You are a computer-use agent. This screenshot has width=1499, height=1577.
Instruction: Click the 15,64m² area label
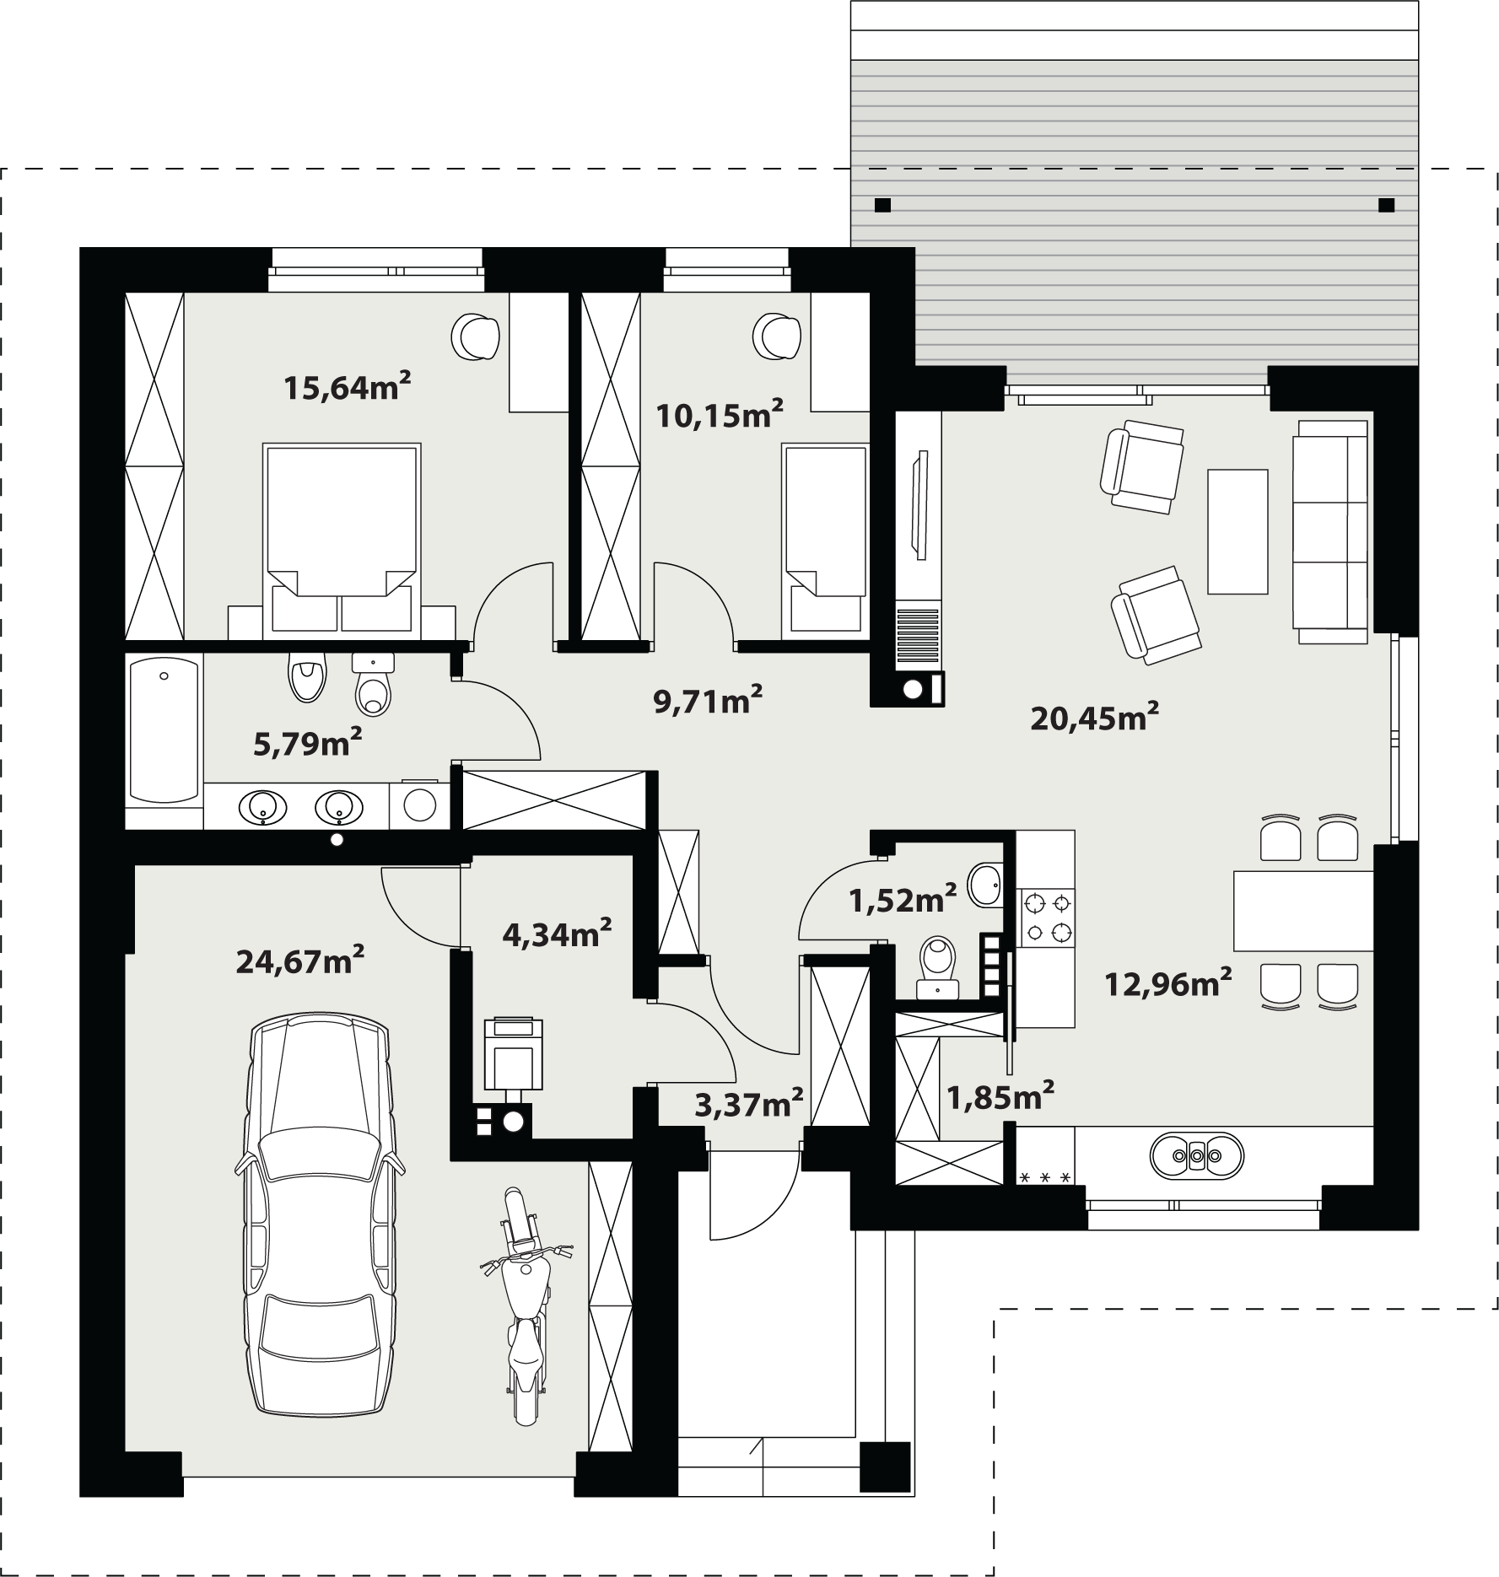pos(348,387)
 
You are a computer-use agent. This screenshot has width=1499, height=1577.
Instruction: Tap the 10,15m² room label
pos(720,415)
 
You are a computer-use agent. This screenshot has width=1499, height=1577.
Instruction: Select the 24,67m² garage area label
pos(300,961)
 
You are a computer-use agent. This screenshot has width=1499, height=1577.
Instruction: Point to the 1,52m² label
pos(903,900)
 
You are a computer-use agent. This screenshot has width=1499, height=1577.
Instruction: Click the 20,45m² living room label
pos(1095,718)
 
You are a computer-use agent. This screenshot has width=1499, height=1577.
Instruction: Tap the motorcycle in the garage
pos(524,1305)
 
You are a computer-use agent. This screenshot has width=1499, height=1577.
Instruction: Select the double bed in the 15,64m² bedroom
pos(342,541)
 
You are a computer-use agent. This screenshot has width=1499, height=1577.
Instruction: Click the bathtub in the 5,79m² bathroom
pos(164,730)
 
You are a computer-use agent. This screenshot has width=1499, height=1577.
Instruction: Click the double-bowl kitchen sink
pos(1196,1154)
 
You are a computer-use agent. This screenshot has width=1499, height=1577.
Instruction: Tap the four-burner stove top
pos(1047,918)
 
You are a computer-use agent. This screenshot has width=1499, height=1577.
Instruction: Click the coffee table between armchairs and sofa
pos(1237,531)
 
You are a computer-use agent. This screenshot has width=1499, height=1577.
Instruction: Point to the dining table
pos(1303,912)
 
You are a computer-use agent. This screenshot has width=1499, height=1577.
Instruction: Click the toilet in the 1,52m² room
pos(937,968)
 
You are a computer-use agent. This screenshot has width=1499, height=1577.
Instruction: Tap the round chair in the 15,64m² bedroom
pos(477,336)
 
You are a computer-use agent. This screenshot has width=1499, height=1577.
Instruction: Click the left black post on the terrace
pos(882,205)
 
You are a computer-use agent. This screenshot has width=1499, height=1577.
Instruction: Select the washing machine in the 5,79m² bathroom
pos(420,805)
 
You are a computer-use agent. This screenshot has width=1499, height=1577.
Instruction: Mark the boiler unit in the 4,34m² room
pos(513,1054)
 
